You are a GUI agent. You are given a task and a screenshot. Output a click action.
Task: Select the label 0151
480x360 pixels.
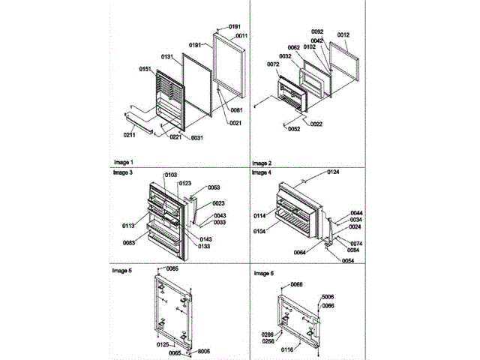click(145, 69)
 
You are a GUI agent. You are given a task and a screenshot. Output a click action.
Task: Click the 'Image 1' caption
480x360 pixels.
click(123, 163)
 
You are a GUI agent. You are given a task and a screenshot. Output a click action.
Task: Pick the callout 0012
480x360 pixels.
click(343, 34)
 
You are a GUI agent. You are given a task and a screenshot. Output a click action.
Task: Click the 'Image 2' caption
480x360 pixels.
click(262, 163)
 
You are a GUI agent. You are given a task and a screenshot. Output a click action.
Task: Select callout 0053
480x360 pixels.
click(214, 187)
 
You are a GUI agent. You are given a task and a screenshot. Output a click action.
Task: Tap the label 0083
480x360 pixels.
click(130, 241)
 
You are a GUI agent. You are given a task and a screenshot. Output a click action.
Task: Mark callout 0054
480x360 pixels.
click(348, 260)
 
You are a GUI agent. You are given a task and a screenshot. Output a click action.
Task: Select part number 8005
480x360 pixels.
click(205, 350)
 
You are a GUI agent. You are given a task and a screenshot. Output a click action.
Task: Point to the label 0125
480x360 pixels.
click(163, 344)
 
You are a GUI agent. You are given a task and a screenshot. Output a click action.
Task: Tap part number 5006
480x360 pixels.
click(328, 297)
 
